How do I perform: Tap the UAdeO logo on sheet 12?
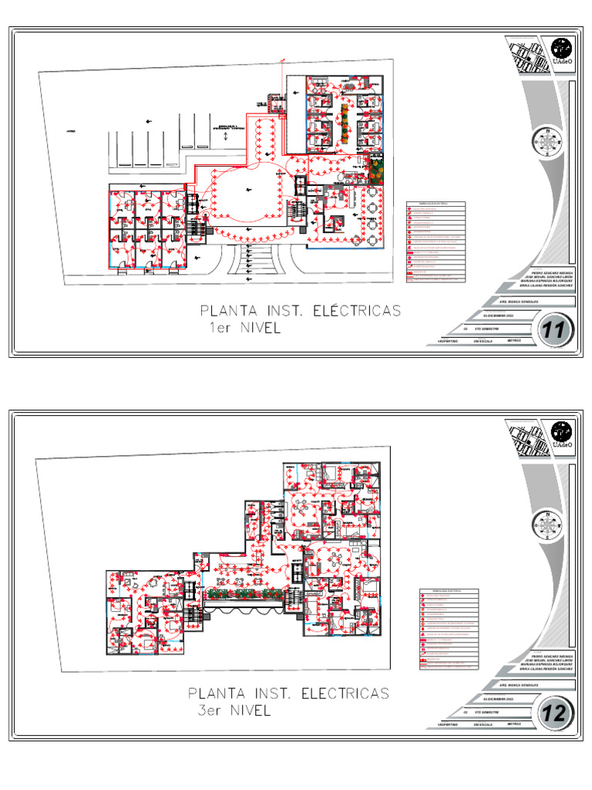click(561, 434)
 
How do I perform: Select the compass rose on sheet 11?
click(547, 142)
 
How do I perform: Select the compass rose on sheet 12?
click(547, 526)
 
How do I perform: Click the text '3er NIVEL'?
click(234, 711)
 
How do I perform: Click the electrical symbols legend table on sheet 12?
click(449, 629)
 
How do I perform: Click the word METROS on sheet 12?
click(515, 724)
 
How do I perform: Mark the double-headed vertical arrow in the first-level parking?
click(224, 136)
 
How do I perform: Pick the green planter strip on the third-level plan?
click(243, 593)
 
